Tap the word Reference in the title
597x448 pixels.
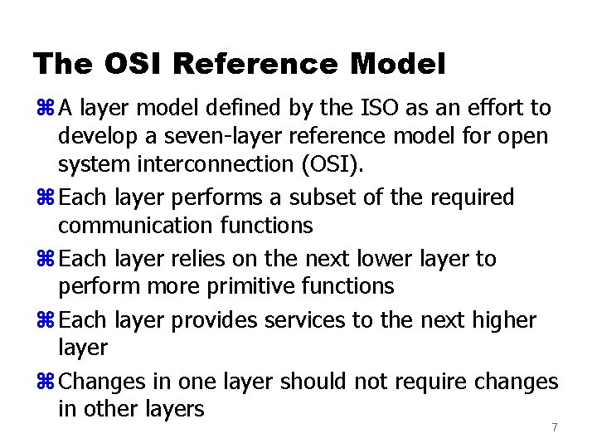(257, 63)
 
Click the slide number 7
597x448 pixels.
(555, 427)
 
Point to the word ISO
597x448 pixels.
(378, 107)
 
